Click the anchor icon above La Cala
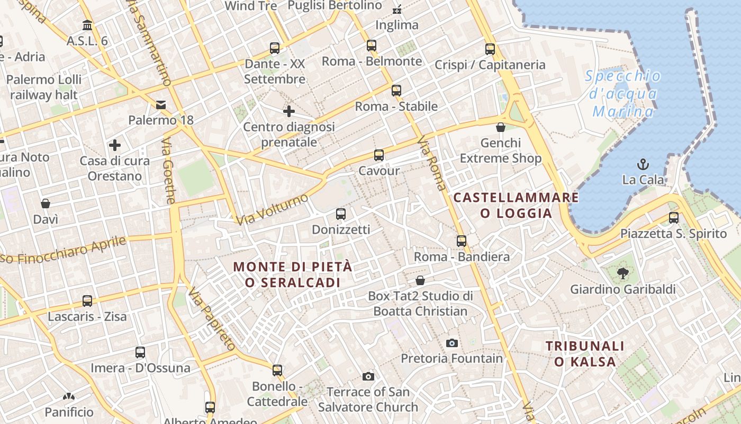[x=643, y=164]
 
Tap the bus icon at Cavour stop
[x=379, y=155]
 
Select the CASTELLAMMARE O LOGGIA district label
[x=516, y=205]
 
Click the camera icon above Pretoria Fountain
[x=451, y=343]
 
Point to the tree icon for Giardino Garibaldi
[x=622, y=273]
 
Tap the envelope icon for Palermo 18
[x=161, y=104]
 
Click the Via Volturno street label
[x=272, y=209]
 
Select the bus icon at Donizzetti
[x=341, y=214]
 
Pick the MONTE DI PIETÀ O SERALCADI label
[x=293, y=275]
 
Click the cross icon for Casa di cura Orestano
[x=115, y=145]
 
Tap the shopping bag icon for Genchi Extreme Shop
[x=501, y=127]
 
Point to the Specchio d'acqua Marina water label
[x=623, y=94]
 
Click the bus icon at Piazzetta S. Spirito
[x=673, y=217]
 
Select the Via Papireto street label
[x=211, y=319]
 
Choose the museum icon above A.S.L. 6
[x=87, y=25]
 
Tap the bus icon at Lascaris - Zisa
[x=87, y=301]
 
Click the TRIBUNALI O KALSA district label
[x=585, y=354]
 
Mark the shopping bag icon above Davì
[x=46, y=204]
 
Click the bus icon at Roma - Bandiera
[x=462, y=241]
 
